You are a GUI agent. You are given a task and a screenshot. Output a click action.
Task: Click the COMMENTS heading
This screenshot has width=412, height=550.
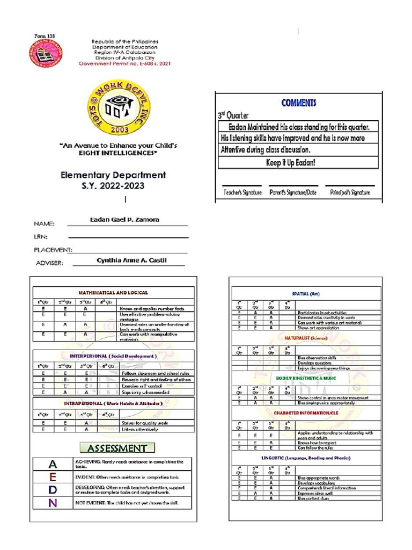298,103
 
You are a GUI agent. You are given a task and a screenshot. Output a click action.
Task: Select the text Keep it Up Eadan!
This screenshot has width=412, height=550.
298,162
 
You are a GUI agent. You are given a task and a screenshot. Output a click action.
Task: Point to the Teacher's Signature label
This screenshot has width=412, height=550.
242,192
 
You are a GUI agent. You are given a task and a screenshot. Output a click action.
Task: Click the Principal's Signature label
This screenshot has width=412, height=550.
350,192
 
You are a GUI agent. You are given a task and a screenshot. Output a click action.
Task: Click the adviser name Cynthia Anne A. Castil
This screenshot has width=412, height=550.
131,260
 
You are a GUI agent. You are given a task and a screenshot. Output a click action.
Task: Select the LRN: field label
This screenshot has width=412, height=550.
41,236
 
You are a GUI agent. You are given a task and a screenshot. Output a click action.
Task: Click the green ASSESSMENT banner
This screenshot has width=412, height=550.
117,447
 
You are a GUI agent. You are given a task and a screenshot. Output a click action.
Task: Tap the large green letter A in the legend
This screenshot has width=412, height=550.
52,464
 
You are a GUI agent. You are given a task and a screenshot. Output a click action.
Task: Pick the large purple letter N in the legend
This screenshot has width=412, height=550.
52,503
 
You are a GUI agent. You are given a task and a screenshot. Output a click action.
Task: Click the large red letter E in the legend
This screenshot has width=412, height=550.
52,477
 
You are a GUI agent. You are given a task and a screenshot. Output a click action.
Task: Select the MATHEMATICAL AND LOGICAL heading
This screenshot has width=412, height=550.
113,293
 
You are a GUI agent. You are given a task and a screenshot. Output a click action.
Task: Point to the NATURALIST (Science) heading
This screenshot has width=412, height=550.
305,338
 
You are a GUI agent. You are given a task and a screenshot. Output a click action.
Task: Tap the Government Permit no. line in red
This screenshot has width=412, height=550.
124,63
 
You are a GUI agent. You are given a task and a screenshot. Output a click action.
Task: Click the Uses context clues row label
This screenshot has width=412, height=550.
313,498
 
